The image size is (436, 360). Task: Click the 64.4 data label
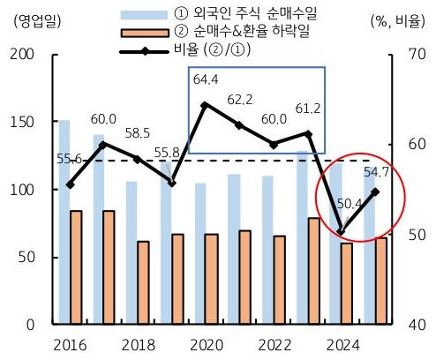coord(205,80)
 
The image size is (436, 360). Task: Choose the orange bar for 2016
coord(77,267)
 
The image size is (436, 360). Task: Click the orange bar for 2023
coord(313,271)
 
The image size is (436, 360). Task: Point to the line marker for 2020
coord(205,105)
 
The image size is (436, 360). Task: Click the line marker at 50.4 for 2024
coord(341,232)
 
